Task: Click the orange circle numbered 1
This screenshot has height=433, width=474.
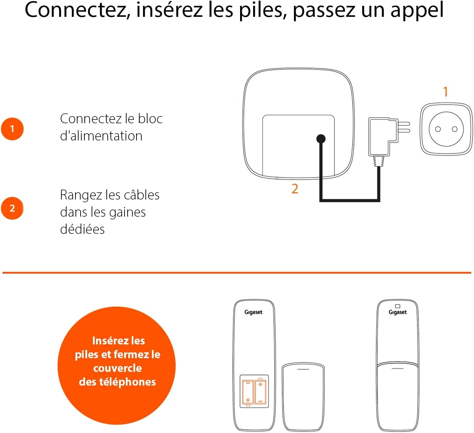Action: tap(12, 129)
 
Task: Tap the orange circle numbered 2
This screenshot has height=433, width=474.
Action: tap(12, 208)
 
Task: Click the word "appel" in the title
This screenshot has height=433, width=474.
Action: tap(417, 11)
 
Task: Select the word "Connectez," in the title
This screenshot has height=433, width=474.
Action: tap(78, 10)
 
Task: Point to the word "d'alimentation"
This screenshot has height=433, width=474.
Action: tap(101, 136)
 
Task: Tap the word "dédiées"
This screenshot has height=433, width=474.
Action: tap(82, 229)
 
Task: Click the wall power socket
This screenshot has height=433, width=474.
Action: tap(446, 129)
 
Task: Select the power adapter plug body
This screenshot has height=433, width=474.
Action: tap(382, 137)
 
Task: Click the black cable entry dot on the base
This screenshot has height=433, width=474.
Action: tap(321, 139)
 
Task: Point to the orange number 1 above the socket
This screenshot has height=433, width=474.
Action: tap(446, 92)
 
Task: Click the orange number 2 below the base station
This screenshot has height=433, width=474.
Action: tap(295, 189)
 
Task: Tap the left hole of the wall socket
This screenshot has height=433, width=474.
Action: tap(438, 129)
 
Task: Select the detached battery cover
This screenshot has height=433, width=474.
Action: tap(303, 397)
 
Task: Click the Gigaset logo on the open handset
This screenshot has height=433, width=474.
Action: tap(253, 312)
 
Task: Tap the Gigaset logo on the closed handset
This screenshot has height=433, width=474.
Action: tap(398, 312)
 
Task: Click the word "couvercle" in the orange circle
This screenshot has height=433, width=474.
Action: tap(117, 368)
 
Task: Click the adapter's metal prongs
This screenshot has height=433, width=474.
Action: tap(404, 127)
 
